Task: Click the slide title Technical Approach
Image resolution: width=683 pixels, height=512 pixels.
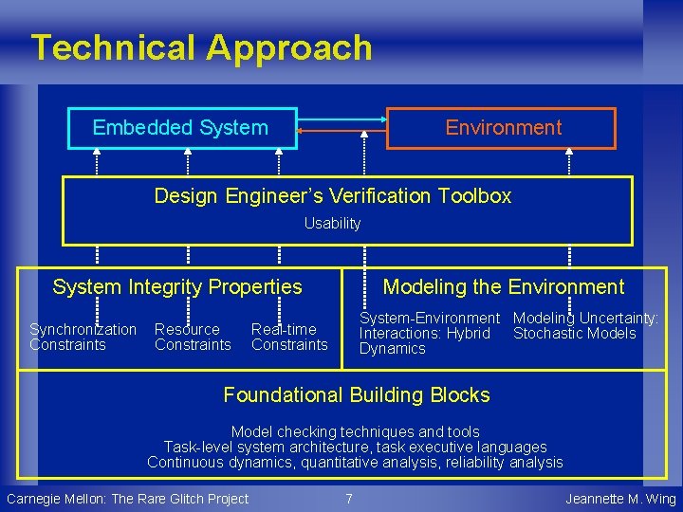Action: pyautogui.click(x=201, y=47)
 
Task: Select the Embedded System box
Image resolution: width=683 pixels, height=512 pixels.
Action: pyautogui.click(x=181, y=128)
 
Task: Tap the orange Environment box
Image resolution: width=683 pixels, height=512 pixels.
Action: pyautogui.click(x=503, y=128)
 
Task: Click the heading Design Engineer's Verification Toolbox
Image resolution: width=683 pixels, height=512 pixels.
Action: pyautogui.click(x=332, y=196)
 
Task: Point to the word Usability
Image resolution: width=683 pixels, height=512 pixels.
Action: pyautogui.click(x=332, y=224)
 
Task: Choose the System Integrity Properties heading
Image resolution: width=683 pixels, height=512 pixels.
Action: pyautogui.click(x=177, y=286)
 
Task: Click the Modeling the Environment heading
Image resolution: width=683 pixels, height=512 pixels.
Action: pyautogui.click(x=503, y=286)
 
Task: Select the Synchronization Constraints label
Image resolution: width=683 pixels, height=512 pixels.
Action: pyautogui.click(x=83, y=337)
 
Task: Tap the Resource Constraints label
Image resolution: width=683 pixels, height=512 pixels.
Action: pyautogui.click(x=193, y=337)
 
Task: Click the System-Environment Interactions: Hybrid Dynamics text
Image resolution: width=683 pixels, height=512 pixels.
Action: pyautogui.click(x=429, y=333)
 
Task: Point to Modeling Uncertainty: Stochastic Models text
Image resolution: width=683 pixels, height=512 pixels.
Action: pyautogui.click(x=585, y=325)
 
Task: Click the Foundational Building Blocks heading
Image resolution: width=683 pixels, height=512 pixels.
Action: pyautogui.click(x=356, y=394)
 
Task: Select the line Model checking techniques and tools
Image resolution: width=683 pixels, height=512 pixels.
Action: pyautogui.click(x=356, y=431)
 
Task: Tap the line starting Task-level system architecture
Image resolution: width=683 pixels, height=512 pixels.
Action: pyautogui.click(x=356, y=447)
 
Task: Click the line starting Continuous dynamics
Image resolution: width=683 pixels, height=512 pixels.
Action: pyautogui.click(x=356, y=463)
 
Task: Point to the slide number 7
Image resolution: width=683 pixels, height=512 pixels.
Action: pyautogui.click(x=349, y=499)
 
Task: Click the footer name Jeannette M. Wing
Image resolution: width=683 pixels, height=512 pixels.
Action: pyautogui.click(x=620, y=499)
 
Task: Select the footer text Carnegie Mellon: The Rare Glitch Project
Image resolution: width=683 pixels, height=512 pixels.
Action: pyautogui.click(x=127, y=499)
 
